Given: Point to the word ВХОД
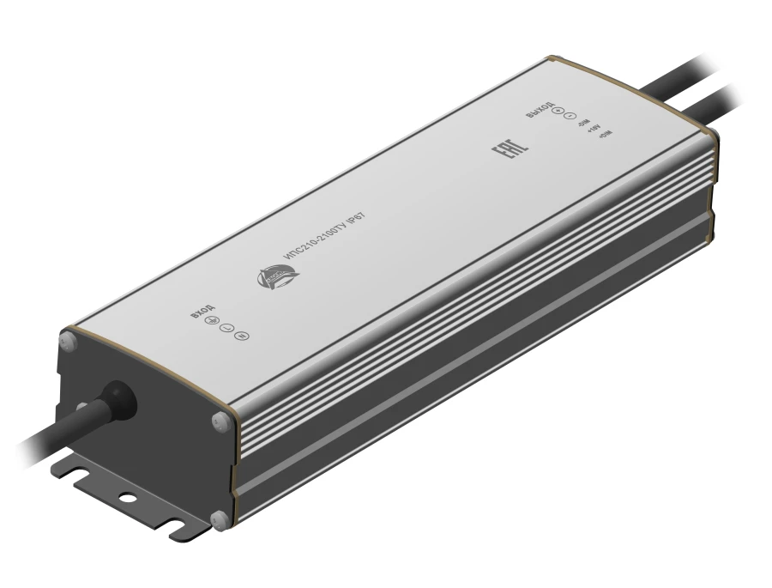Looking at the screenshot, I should [202, 311].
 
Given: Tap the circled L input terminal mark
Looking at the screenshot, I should [226, 329].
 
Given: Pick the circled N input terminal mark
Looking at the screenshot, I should [241, 336].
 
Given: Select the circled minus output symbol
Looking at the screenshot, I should [569, 118].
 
